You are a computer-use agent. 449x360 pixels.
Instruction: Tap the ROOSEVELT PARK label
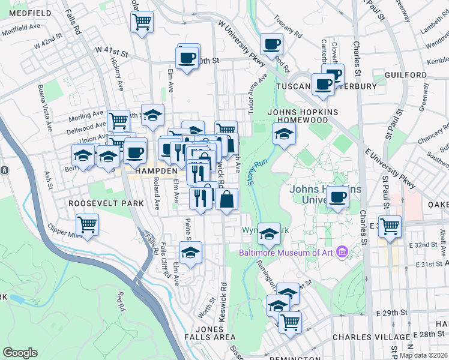click(x=106, y=203)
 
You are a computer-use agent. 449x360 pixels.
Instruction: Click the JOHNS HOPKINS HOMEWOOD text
click(x=303, y=116)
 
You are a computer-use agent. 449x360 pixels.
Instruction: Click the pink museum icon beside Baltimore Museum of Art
click(x=342, y=251)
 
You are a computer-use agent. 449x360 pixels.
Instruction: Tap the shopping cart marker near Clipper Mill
click(x=88, y=225)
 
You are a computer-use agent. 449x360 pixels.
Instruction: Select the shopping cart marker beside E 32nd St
click(x=390, y=226)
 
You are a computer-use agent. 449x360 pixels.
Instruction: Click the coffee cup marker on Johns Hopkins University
click(x=338, y=197)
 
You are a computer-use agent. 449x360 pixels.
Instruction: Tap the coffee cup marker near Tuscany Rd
click(x=271, y=43)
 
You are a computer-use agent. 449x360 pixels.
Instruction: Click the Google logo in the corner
click(x=20, y=353)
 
